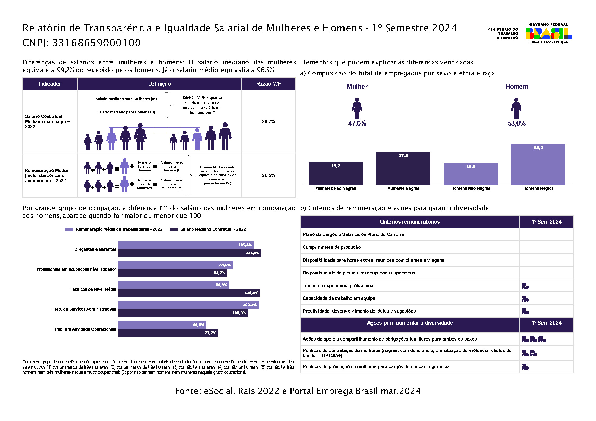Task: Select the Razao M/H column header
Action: [x=268, y=84]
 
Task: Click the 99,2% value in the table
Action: [x=268, y=121]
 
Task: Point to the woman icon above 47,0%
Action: [x=357, y=108]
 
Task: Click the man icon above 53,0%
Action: [x=516, y=108]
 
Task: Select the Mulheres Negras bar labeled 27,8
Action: [x=403, y=169]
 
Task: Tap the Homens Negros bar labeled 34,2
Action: [x=538, y=165]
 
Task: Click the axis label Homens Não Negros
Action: [x=470, y=188]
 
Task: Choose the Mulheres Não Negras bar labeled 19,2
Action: [x=335, y=174]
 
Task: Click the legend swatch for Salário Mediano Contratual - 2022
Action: [x=174, y=229]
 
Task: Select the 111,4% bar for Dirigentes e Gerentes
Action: [x=190, y=253]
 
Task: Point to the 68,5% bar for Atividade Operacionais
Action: [x=162, y=325]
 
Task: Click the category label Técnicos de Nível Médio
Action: [x=94, y=289]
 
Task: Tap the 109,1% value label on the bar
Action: [x=249, y=305]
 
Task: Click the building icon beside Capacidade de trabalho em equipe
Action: [x=525, y=299]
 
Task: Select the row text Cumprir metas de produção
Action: [x=332, y=247]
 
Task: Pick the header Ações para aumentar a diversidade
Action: [x=410, y=323]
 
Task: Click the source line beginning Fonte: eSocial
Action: [x=298, y=391]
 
